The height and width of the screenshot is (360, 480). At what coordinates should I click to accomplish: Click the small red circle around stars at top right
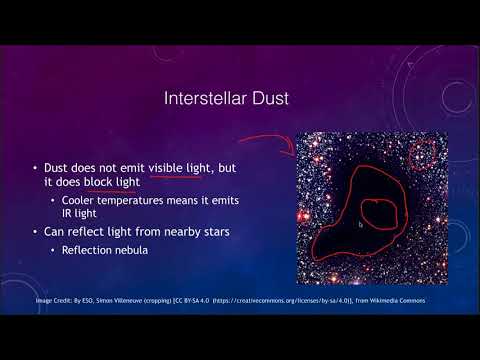pyautogui.click(x=426, y=153)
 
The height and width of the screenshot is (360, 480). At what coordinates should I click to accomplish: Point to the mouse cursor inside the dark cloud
pyautogui.click(x=361, y=225)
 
